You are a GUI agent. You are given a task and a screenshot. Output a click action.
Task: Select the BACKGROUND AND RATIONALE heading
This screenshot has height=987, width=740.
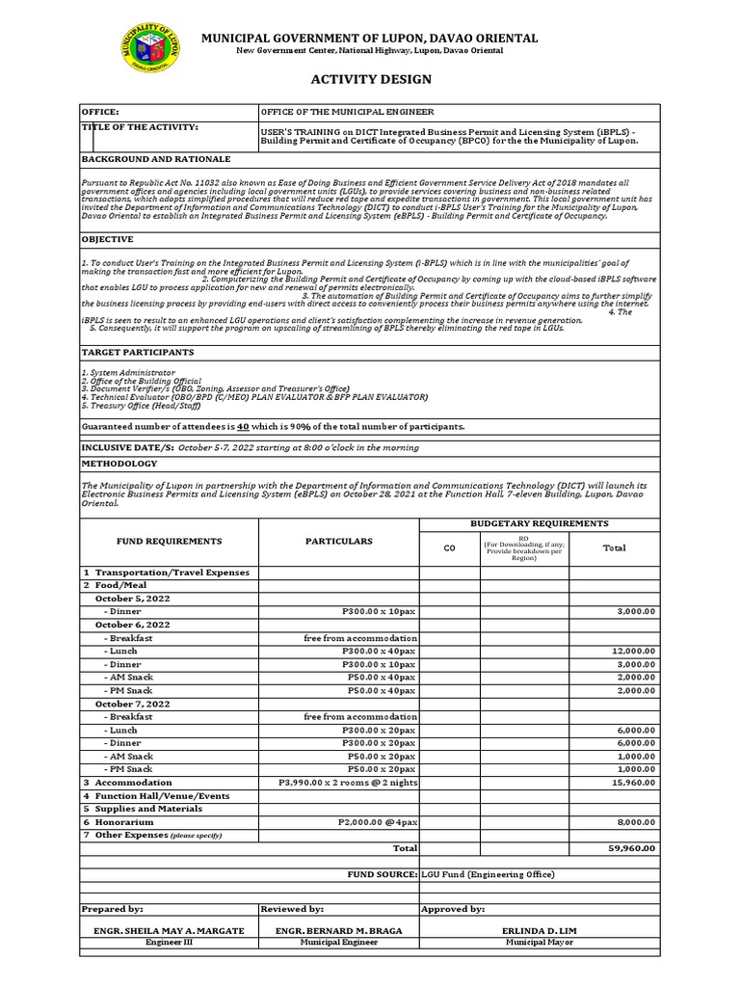[x=155, y=159]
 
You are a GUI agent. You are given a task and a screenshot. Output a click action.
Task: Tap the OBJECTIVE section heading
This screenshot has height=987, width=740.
[x=107, y=239]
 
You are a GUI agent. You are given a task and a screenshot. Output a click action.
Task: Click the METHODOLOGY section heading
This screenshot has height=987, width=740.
[x=119, y=464]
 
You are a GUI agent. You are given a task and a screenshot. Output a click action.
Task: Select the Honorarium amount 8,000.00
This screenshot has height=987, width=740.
[x=637, y=822]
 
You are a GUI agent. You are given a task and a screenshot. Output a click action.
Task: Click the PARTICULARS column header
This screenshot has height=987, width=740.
[x=338, y=542]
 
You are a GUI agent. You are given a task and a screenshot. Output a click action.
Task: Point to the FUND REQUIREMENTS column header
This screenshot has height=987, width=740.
[x=170, y=542]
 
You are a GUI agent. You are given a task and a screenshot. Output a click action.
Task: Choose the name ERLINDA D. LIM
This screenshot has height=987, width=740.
[x=539, y=930]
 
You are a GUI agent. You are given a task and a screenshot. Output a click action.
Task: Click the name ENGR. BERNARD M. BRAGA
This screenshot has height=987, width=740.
[x=338, y=930]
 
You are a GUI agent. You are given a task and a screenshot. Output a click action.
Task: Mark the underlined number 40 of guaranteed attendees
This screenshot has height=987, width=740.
[x=244, y=426]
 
